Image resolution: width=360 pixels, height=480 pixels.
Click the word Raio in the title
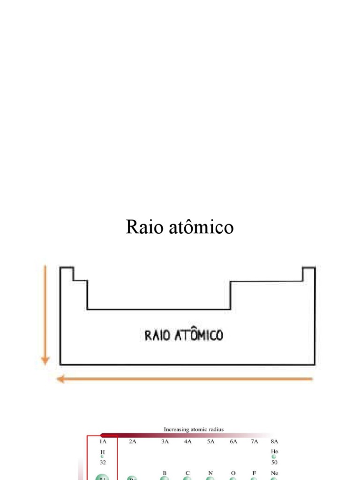coord(142,228)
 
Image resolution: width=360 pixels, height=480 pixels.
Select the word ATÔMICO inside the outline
coord(199,335)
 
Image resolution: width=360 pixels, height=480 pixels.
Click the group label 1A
coord(102,441)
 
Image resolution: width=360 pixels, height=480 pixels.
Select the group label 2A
coord(133,441)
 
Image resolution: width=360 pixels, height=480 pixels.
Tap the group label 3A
coord(165,441)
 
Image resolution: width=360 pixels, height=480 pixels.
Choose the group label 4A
coord(187,441)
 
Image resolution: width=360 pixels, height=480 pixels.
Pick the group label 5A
coord(210,441)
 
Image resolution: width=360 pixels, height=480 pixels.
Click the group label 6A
coord(233,441)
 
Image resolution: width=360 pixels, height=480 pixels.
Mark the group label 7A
coord(254,441)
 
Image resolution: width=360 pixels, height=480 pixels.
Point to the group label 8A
coord(275,441)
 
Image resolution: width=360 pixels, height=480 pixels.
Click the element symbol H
coord(102,451)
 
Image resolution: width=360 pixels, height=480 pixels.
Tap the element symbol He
coord(275,451)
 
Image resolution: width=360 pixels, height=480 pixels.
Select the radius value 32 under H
coord(102,462)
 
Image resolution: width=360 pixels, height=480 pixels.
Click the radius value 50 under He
coord(275,462)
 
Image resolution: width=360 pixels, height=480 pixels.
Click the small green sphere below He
coord(274,457)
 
